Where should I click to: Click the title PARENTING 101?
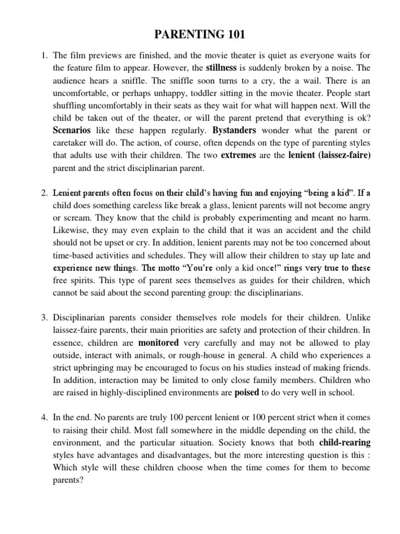tap(200, 35)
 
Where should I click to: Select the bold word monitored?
tap(158, 343)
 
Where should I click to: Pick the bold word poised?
tap(247, 393)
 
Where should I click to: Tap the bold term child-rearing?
tap(341, 442)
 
